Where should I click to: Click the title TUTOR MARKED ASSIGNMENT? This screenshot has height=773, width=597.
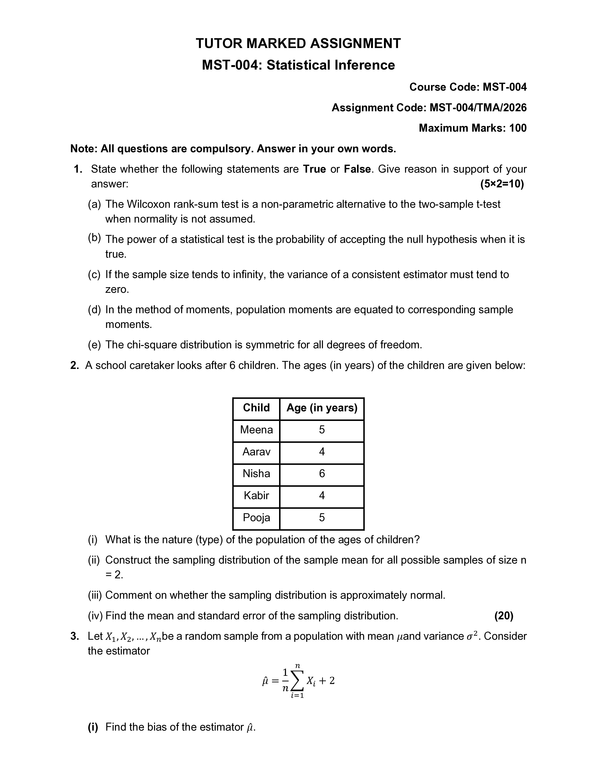click(x=298, y=44)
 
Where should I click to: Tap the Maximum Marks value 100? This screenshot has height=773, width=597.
click(x=518, y=128)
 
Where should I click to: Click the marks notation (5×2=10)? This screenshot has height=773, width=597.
click(x=502, y=184)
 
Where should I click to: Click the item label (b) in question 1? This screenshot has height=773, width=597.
click(x=94, y=238)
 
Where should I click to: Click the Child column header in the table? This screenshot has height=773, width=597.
click(x=256, y=408)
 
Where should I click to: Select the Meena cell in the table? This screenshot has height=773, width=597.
click(x=256, y=430)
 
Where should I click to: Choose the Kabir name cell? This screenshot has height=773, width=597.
click(x=256, y=495)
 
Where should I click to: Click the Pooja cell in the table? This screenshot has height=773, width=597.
click(x=256, y=517)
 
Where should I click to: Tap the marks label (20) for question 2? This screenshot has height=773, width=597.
click(x=504, y=616)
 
